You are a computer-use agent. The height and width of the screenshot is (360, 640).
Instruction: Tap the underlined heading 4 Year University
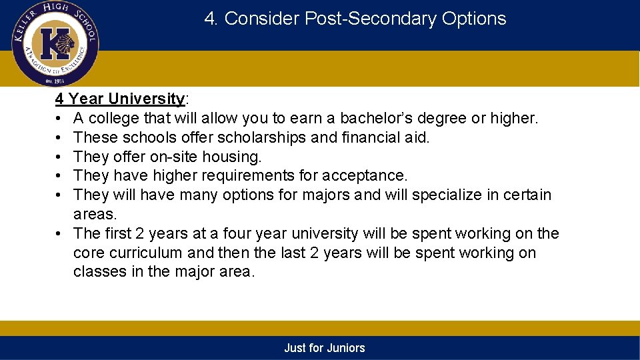(x=120, y=99)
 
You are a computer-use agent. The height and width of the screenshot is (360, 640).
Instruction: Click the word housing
(x=234, y=157)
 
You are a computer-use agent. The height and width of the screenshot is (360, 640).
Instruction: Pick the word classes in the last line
(x=98, y=272)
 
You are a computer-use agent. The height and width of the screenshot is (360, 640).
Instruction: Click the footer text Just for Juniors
(x=325, y=348)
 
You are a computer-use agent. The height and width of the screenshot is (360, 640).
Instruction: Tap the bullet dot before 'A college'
(x=59, y=119)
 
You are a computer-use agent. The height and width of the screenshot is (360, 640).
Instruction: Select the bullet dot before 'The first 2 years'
(x=59, y=234)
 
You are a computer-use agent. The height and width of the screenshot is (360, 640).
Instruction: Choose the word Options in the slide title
(x=474, y=19)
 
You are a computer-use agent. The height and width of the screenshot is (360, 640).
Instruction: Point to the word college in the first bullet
(x=110, y=119)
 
